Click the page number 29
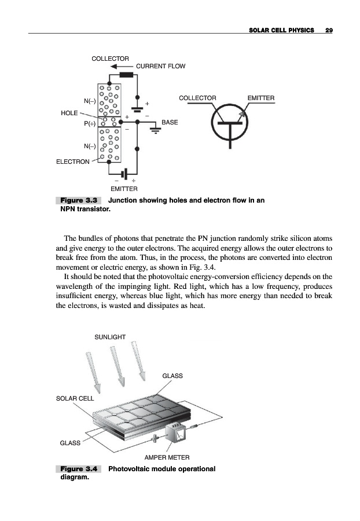[x=329, y=30]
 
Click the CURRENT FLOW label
[x=161, y=66]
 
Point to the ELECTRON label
[x=72, y=162]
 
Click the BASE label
[x=170, y=123]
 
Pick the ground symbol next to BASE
[x=155, y=130]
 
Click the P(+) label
[x=89, y=123]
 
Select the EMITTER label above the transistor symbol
[x=261, y=98]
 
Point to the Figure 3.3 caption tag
[x=78, y=200]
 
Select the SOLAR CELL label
[x=74, y=399]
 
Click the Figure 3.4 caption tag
[x=78, y=468]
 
